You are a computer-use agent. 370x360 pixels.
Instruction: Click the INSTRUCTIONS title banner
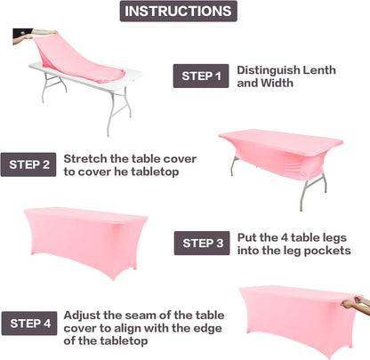pyautogui.click(x=179, y=12)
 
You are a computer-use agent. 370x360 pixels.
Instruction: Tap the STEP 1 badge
pyautogui.click(x=200, y=76)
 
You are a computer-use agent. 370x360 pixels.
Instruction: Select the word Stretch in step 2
pyautogui.click(x=85, y=157)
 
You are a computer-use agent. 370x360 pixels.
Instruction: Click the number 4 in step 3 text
pyautogui.click(x=285, y=236)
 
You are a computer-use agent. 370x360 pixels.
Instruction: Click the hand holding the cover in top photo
pyautogui.click(x=23, y=36)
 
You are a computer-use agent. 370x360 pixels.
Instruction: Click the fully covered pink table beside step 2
pyautogui.click(x=85, y=242)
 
